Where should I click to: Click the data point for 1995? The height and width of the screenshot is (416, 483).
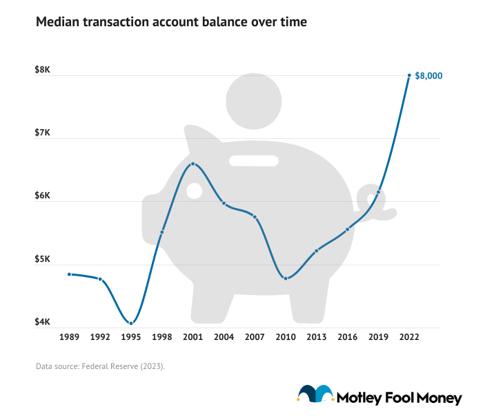tap(131, 323)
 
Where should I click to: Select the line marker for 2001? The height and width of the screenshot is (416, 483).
tap(193, 164)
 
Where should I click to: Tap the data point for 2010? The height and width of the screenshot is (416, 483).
tap(286, 278)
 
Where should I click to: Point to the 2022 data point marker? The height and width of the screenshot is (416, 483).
tap(409, 75)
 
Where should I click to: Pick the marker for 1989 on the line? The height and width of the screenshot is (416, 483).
tap(69, 274)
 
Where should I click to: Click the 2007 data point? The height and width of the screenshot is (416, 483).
tap(255, 217)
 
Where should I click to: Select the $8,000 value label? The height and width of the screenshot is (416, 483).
tap(428, 76)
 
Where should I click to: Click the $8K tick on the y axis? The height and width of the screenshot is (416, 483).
tap(42, 70)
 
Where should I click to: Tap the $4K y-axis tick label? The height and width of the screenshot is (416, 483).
tap(42, 323)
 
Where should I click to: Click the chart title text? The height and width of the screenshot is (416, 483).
tap(171, 22)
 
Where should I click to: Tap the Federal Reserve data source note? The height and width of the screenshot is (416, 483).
tap(100, 366)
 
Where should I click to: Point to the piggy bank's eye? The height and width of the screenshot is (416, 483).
tap(195, 191)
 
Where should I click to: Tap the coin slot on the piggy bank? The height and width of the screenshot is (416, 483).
tap(254, 161)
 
